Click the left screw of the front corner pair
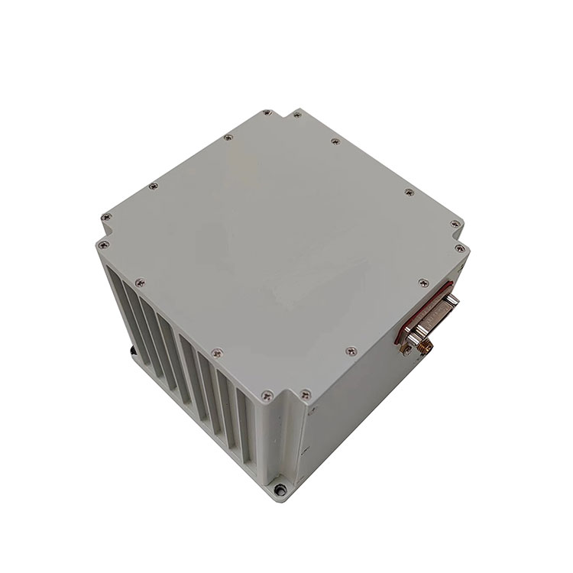[x=264, y=396]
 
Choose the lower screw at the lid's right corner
[x=461, y=248]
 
